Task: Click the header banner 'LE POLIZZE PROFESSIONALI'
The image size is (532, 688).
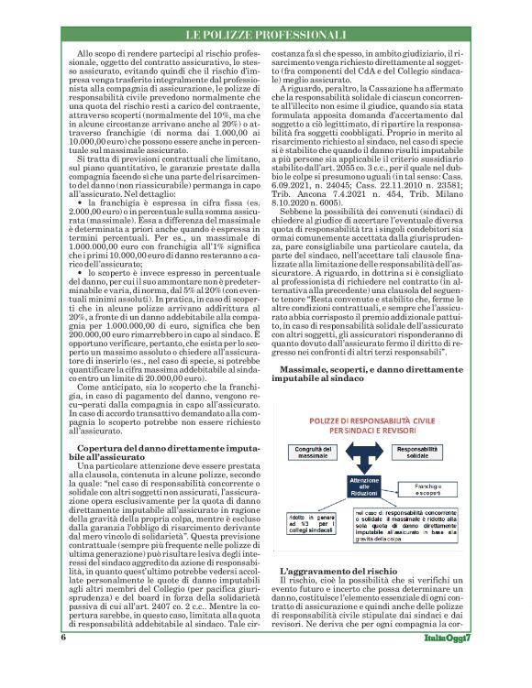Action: coord(266,36)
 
